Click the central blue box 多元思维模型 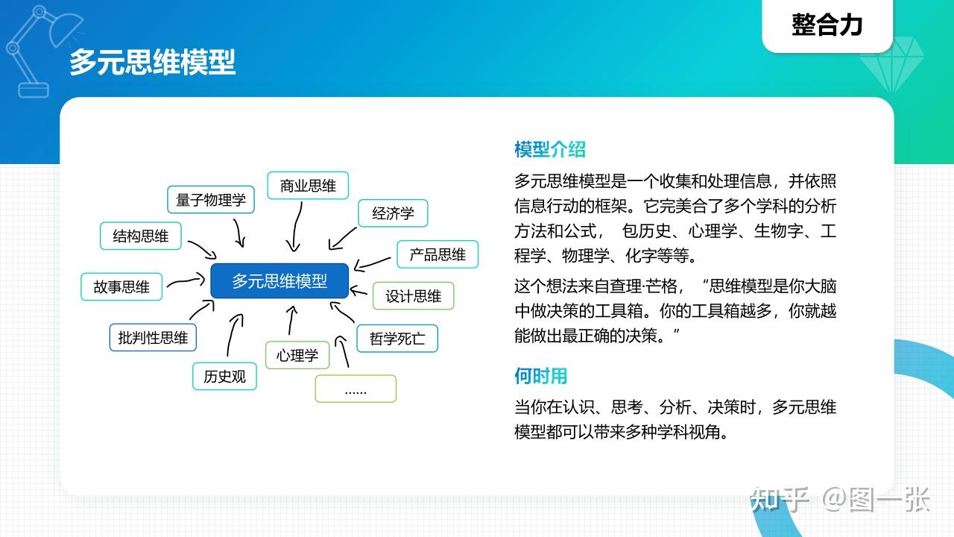coord(279,281)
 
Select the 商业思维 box coord(308,186)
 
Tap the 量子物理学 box coord(211,200)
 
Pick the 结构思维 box coord(141,236)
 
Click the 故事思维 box coord(121,287)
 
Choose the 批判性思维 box coord(153,337)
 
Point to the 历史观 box coord(224,376)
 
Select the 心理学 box coord(297,355)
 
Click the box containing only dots coord(356,389)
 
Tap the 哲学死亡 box coord(397,339)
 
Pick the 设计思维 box coord(413,296)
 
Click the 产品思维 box coord(437,254)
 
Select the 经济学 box coord(393,213)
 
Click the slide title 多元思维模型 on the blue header coord(153,62)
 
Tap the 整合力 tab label coord(827,25)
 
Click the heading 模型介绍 coord(550,149)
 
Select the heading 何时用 coord(541,375)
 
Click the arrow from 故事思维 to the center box coord(186,281)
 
